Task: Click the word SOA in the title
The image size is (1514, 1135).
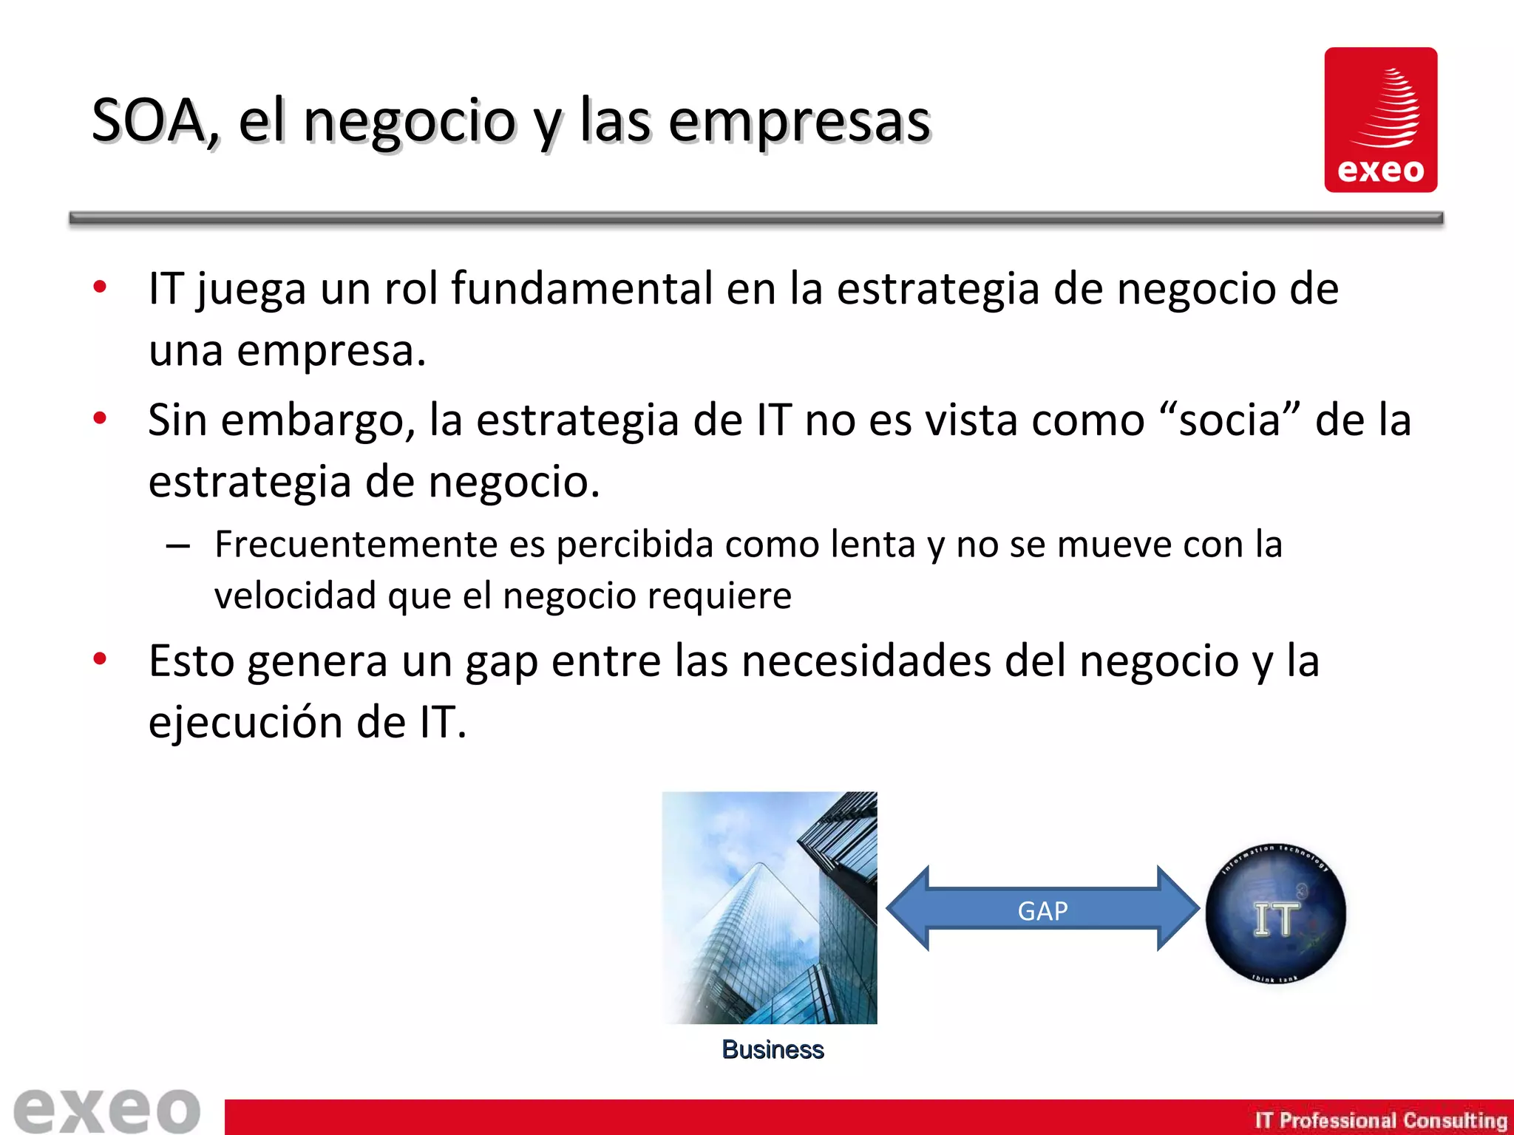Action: pos(148,120)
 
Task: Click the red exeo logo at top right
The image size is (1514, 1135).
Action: pos(1380,120)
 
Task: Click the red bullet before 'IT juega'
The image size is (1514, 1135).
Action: pos(100,287)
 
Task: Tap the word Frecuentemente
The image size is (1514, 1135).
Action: pos(356,545)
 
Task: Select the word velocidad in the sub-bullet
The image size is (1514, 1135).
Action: pos(295,596)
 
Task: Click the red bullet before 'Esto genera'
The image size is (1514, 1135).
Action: pos(100,658)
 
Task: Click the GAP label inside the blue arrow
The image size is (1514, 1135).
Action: pos(1042,911)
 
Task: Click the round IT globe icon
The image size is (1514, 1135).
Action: pos(1275,914)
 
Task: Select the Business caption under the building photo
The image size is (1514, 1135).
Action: pos(773,1049)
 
